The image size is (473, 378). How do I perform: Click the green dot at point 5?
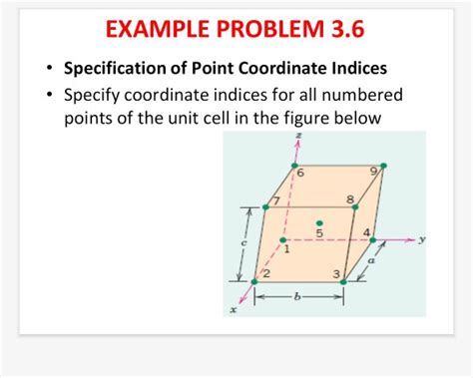319,222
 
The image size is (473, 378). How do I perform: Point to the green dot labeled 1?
283,239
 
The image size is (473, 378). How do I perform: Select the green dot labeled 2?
254,281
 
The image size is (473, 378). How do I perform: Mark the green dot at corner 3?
342,281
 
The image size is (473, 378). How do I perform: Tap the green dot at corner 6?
294,166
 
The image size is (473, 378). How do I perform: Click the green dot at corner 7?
265,207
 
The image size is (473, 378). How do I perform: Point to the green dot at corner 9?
382,166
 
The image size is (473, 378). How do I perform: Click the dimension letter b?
297,297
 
